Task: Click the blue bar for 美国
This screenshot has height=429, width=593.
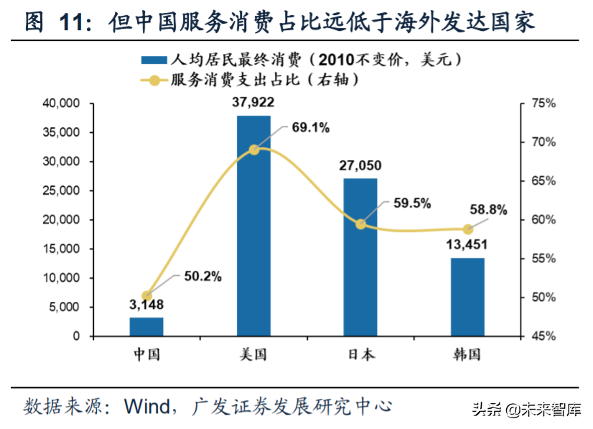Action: click(x=253, y=226)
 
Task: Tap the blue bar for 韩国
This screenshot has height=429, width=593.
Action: click(x=467, y=297)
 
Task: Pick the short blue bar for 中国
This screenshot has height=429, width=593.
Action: click(x=146, y=326)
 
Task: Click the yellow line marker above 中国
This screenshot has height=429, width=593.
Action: click(x=146, y=295)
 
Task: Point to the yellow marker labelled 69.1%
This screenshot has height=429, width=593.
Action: click(x=253, y=149)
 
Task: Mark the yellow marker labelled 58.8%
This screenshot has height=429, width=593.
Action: click(x=467, y=229)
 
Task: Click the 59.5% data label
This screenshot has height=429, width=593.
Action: click(x=412, y=203)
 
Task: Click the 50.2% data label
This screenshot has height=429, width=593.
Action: click(x=202, y=275)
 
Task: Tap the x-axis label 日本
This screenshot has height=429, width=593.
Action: click(x=360, y=354)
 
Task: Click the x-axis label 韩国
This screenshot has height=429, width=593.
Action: click(x=467, y=354)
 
